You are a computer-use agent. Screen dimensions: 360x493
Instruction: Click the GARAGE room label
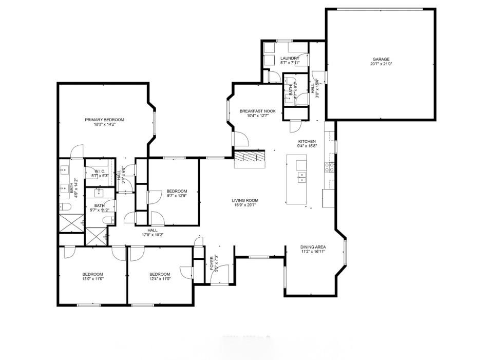(x=381, y=59)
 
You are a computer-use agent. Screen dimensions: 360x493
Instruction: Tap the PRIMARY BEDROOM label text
(x=104, y=120)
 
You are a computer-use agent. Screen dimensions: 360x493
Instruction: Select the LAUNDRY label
(x=290, y=58)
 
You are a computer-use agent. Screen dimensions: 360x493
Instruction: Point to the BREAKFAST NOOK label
(x=258, y=111)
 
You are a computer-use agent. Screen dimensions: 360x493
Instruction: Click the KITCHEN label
(x=307, y=141)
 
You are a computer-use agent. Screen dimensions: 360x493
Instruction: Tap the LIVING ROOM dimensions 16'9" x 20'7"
(x=244, y=205)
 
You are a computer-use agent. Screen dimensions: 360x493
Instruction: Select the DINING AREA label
(x=313, y=247)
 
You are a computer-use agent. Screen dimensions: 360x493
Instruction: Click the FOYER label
(x=211, y=263)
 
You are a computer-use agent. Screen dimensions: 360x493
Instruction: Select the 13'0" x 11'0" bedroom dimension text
(x=93, y=279)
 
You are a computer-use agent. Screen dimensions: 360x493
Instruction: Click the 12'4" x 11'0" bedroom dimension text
(x=160, y=279)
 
